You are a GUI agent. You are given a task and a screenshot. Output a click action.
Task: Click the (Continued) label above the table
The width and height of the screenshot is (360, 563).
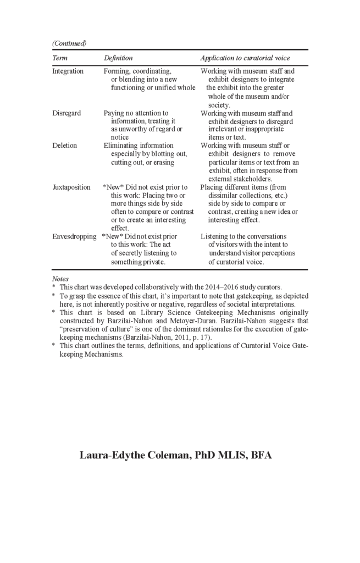tap(69, 43)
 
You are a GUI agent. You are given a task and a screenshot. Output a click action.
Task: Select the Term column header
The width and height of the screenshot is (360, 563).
tap(59, 58)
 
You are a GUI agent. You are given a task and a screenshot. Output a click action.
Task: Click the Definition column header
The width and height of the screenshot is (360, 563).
tap(118, 58)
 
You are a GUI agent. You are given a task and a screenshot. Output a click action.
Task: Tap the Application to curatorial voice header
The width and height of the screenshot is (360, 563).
tap(245, 58)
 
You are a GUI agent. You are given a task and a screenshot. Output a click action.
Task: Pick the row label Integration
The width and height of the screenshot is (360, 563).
tap(68, 71)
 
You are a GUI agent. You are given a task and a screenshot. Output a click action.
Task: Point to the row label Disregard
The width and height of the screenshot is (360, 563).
tap(67, 113)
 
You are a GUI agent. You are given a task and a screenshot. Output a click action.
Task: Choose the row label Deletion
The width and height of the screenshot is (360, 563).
tap(65, 146)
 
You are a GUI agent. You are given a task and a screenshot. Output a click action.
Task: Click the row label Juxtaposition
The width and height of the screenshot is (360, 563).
tap(71, 187)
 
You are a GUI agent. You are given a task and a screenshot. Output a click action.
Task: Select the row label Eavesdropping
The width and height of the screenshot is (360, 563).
tap(74, 236)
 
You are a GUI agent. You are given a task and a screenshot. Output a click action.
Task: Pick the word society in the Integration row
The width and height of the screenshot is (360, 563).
tap(218, 105)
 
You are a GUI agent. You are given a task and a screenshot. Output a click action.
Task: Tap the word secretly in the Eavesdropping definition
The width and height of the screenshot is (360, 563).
tap(134, 253)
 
